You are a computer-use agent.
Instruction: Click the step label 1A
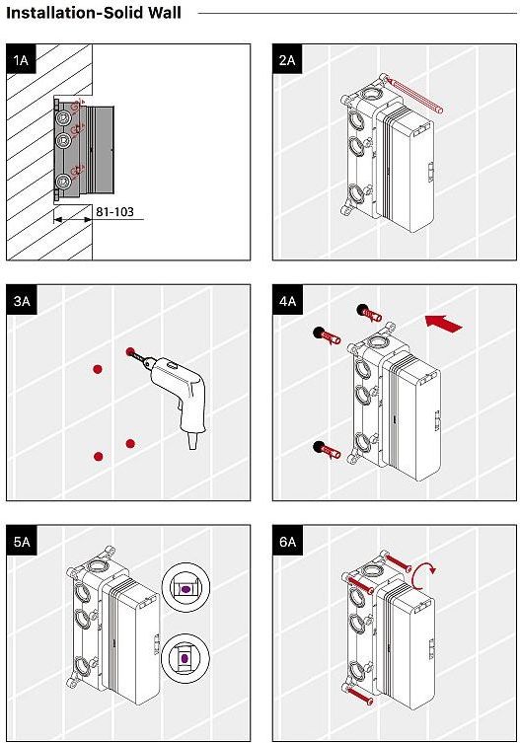click(x=22, y=60)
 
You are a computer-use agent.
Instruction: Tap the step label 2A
click(x=287, y=60)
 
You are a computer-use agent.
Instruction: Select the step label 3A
click(x=22, y=300)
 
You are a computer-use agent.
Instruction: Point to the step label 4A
click(x=287, y=300)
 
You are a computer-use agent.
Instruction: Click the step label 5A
click(x=22, y=541)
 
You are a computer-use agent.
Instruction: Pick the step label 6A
click(x=287, y=541)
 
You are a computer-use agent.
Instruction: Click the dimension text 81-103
click(x=114, y=212)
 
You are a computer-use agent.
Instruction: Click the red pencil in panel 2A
click(x=413, y=96)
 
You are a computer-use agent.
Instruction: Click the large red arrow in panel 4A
click(x=444, y=323)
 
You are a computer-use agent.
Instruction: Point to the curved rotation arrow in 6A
click(x=421, y=575)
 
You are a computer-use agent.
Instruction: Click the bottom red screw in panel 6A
click(x=359, y=695)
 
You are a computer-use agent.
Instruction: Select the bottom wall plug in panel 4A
click(x=327, y=450)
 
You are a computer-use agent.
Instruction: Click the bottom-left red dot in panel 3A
click(x=99, y=456)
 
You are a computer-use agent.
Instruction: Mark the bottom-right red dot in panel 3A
click(x=130, y=443)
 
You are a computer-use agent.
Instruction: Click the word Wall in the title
click(x=164, y=12)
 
